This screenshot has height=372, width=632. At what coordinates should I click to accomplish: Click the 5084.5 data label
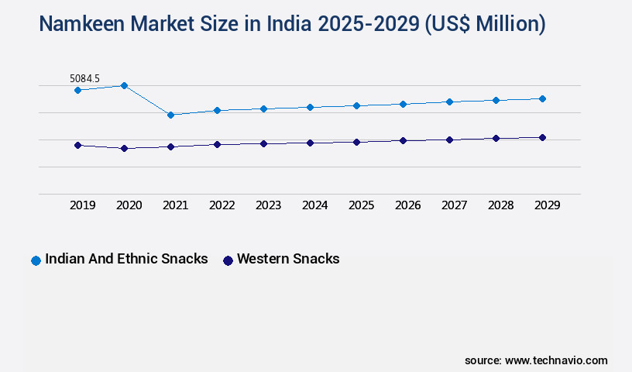(x=84, y=78)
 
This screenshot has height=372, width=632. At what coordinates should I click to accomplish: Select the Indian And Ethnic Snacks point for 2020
(x=124, y=85)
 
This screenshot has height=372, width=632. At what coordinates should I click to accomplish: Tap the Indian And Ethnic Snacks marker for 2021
(x=170, y=115)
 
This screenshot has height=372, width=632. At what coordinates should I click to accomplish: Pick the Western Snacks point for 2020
(x=124, y=148)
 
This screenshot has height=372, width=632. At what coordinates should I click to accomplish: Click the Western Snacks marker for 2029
(x=542, y=137)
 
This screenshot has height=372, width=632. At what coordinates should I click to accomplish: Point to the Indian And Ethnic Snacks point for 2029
(x=542, y=98)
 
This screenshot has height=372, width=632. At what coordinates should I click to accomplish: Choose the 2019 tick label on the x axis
(x=82, y=205)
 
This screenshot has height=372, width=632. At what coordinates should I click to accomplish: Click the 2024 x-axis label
(x=314, y=205)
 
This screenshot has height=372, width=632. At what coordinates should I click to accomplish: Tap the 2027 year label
(x=454, y=205)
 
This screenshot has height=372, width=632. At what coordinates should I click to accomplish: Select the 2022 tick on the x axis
(x=222, y=205)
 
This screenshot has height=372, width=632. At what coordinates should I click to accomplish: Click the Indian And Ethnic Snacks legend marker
(x=36, y=260)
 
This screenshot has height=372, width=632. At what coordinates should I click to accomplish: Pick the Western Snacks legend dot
(x=228, y=260)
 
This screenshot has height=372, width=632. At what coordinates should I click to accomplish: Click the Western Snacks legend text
(x=288, y=259)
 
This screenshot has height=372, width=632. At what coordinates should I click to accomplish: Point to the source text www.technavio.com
(x=556, y=360)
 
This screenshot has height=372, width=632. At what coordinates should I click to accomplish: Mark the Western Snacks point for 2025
(x=356, y=142)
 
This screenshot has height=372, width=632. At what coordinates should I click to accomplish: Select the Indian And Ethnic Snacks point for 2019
(x=77, y=90)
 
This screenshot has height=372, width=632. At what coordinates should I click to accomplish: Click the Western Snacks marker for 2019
(x=77, y=145)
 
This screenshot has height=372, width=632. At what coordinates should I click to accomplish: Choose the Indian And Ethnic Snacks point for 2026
(x=403, y=104)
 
